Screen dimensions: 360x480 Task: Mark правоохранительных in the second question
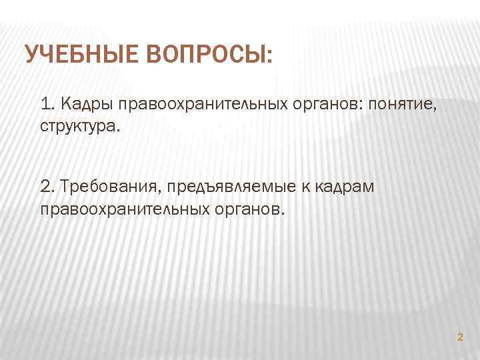[x=125, y=209]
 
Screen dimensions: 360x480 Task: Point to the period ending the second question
[x=283, y=213]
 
